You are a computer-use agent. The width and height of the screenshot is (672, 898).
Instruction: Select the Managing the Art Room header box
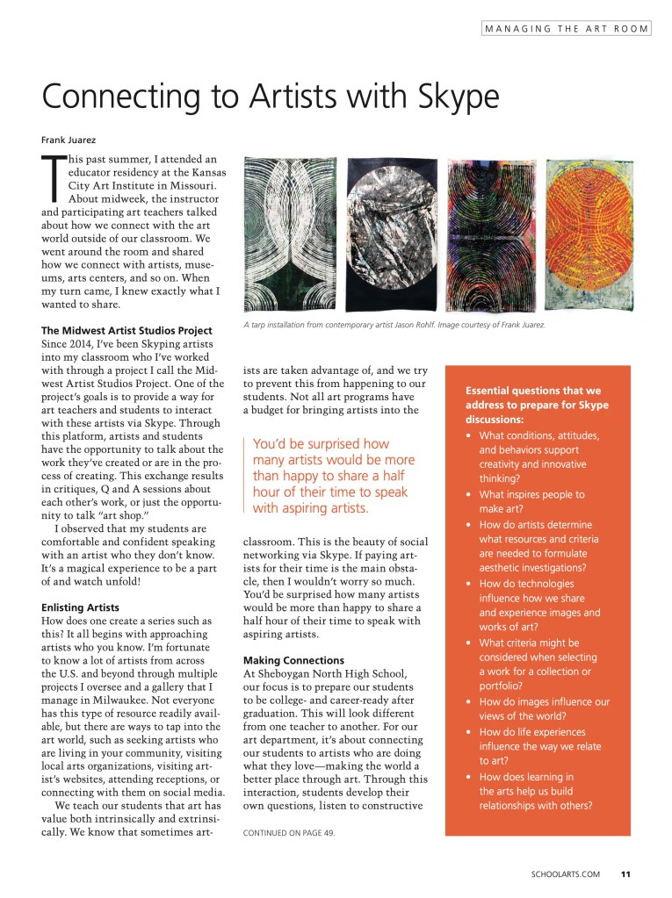tap(566, 29)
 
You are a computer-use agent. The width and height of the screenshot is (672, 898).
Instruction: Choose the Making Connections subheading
tap(293, 659)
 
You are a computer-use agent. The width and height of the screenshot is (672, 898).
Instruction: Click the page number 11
tap(625, 873)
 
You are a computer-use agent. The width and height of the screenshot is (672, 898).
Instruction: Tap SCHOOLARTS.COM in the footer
tap(566, 873)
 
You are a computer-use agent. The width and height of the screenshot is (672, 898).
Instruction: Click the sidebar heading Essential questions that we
tap(532, 391)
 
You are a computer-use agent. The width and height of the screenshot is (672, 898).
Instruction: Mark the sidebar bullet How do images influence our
tap(556, 702)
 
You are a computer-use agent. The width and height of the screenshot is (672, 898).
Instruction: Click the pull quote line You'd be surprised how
tap(321, 444)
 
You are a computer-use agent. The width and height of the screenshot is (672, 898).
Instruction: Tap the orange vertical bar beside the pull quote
tap(244, 475)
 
